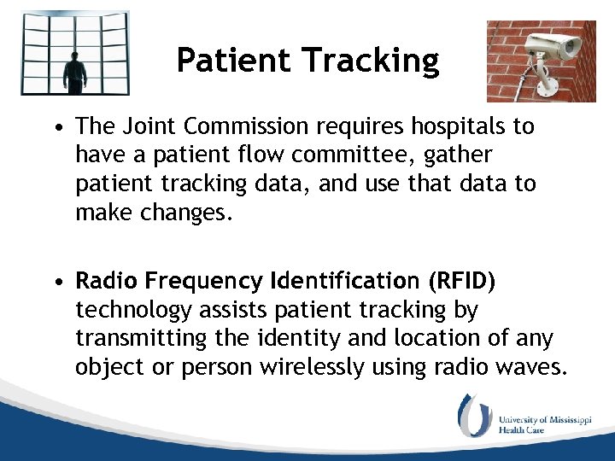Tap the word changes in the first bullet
[188, 212]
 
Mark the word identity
[287, 338]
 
